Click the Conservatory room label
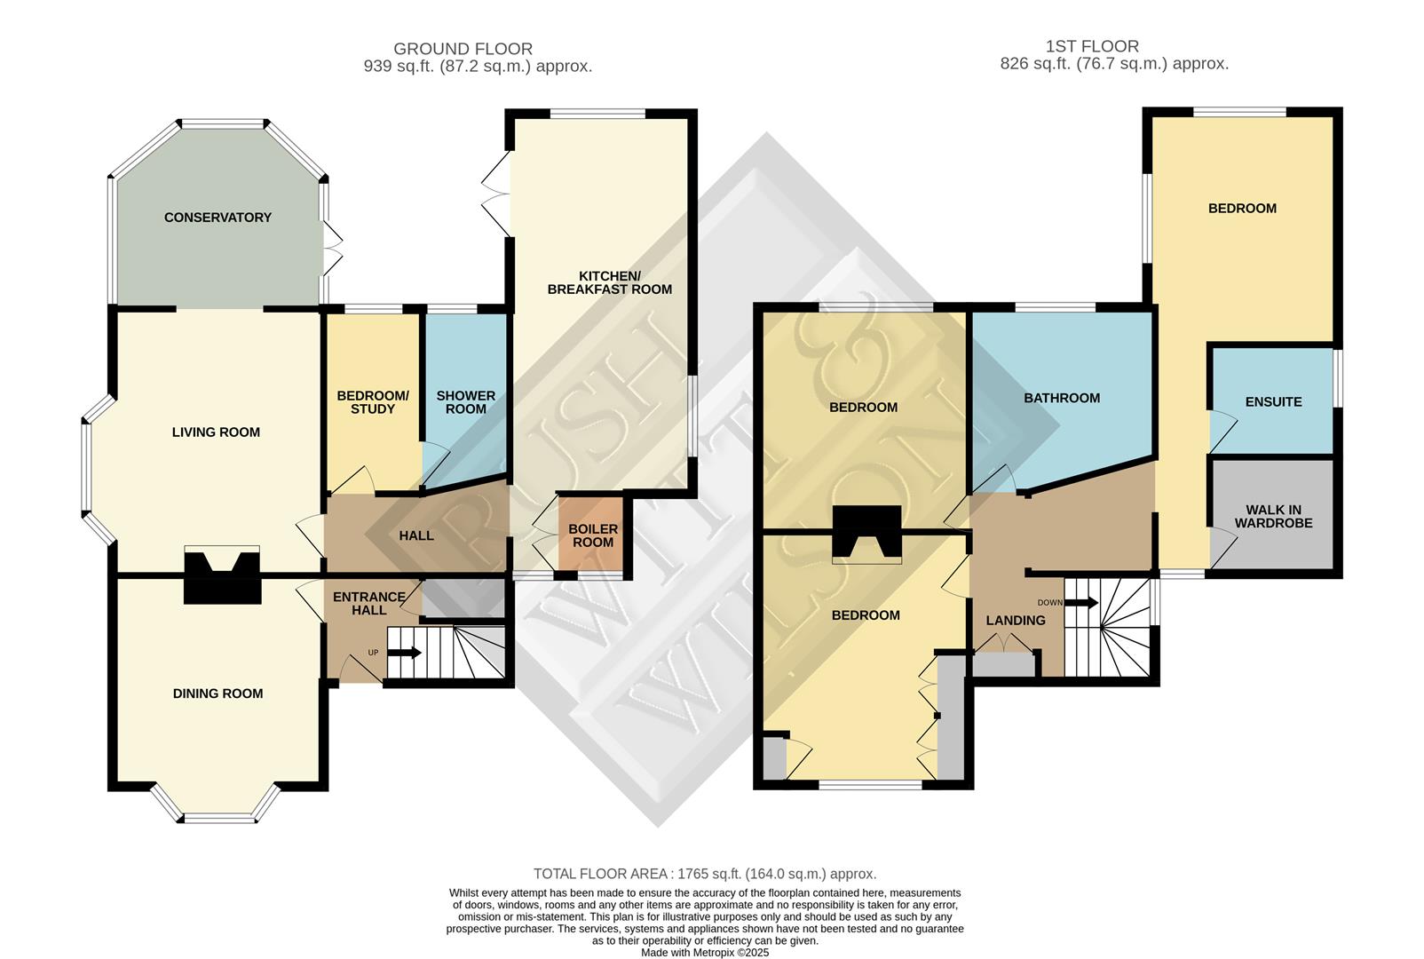[x=218, y=218]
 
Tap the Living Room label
[x=216, y=432]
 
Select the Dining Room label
[x=218, y=693]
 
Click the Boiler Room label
[x=592, y=535]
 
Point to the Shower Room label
[x=465, y=402]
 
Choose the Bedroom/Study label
[x=373, y=402]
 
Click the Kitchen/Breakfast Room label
[x=609, y=282]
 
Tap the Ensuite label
[x=1273, y=401]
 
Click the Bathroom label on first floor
[x=1062, y=398]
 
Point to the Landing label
[x=1016, y=620]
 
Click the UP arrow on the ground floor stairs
[x=405, y=653]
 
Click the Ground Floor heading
[x=463, y=49]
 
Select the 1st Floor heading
[x=1092, y=46]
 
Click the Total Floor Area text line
[x=705, y=874]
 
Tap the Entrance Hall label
[x=368, y=603]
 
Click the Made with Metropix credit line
[x=705, y=952]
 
